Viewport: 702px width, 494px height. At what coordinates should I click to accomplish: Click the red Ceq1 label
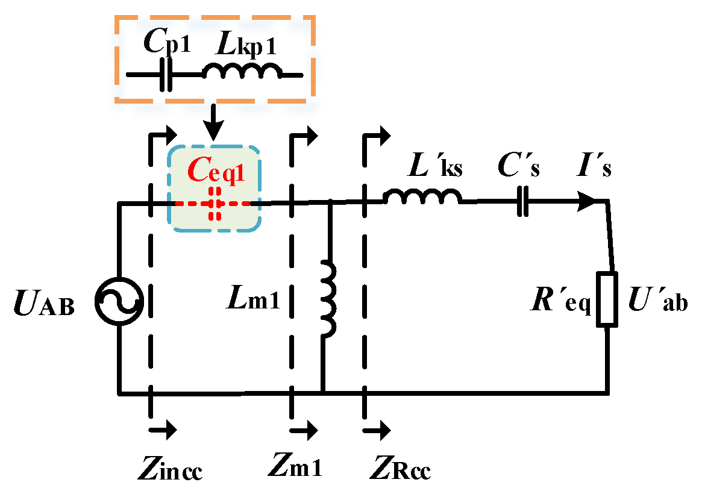tap(216, 172)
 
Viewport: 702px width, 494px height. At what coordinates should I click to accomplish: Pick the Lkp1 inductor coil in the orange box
tap(242, 72)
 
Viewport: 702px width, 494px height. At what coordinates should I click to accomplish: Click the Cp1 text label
tap(167, 43)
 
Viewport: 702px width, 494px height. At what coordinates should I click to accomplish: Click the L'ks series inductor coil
tap(422, 197)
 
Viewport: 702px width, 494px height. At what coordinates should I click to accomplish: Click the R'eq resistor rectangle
tap(607, 299)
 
